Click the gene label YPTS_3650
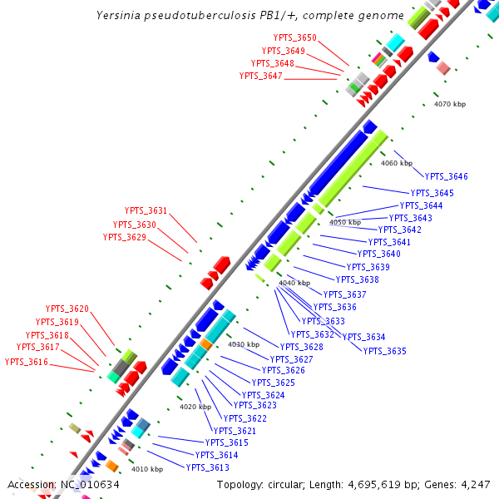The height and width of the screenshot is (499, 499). [x=295, y=37]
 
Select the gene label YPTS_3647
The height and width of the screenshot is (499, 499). [x=261, y=76]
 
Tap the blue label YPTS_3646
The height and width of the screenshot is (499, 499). [x=447, y=176]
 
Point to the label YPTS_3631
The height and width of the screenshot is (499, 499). [x=146, y=211]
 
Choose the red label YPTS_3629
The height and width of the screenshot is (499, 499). [x=125, y=237]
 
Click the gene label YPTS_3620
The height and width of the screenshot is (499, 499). [x=67, y=309]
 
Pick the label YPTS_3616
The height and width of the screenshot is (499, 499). [x=27, y=362]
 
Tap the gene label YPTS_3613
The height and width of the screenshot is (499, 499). [x=208, y=467]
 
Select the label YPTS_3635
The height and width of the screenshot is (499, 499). [x=385, y=351]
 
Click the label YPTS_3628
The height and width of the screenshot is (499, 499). [x=302, y=347]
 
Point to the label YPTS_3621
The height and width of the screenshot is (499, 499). [x=235, y=431]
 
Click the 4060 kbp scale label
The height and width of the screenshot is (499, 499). [x=397, y=163]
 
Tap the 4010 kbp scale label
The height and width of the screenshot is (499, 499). [x=147, y=469]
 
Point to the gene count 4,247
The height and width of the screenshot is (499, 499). [x=475, y=484]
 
